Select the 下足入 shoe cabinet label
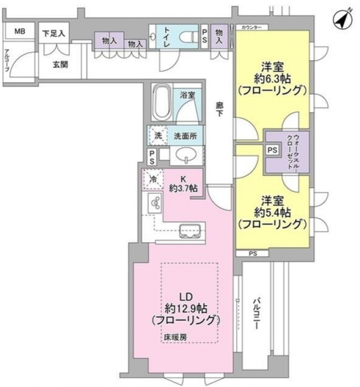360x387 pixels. pyautogui.click(x=54, y=33)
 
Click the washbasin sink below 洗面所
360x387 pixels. pyautogui.click(x=186, y=155)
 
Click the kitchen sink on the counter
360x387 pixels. pyautogui.click(x=192, y=231)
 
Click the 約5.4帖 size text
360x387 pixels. pyautogui.click(x=272, y=212)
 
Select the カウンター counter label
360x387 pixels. pyautogui.click(x=250, y=27)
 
